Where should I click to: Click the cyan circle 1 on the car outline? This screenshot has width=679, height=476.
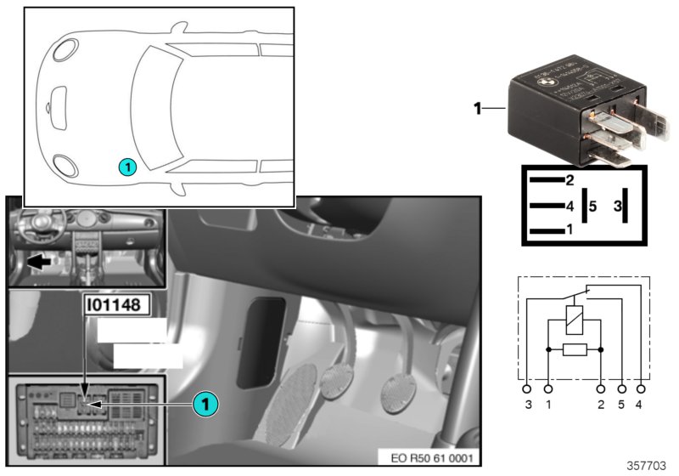pyautogui.click(x=126, y=167)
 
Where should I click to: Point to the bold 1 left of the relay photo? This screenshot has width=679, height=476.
pyautogui.click(x=477, y=108)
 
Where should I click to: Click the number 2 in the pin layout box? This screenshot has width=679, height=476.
pyautogui.click(x=570, y=179)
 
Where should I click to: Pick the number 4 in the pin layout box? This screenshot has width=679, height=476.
pyautogui.click(x=570, y=206)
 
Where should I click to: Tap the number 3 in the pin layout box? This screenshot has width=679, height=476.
pyautogui.click(x=617, y=206)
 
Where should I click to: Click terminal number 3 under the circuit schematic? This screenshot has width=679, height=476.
pyautogui.click(x=528, y=405)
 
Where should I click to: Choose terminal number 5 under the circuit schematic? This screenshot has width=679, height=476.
pyautogui.click(x=622, y=405)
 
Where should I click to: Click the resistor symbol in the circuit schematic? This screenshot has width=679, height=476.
pyautogui.click(x=575, y=349)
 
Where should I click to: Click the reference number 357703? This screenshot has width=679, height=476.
pyautogui.click(x=648, y=465)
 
